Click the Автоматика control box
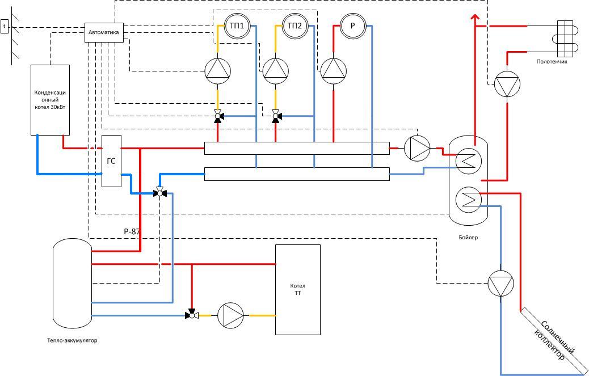point(104,32)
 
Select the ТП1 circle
point(237,26)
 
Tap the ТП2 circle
point(295,26)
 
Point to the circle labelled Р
point(353,26)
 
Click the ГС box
point(112,161)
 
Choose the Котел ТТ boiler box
point(298,290)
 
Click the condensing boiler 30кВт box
point(50,100)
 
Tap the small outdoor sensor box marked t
point(5,26)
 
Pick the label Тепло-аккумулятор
point(72,341)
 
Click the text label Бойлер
point(468,238)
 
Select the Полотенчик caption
point(552,62)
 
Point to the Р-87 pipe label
point(132,231)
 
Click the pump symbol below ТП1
point(217,71)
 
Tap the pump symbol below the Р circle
point(334,71)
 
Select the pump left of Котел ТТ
point(230,315)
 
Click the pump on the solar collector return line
point(500,284)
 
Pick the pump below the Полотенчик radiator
point(507,84)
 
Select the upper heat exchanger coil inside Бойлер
point(469,161)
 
